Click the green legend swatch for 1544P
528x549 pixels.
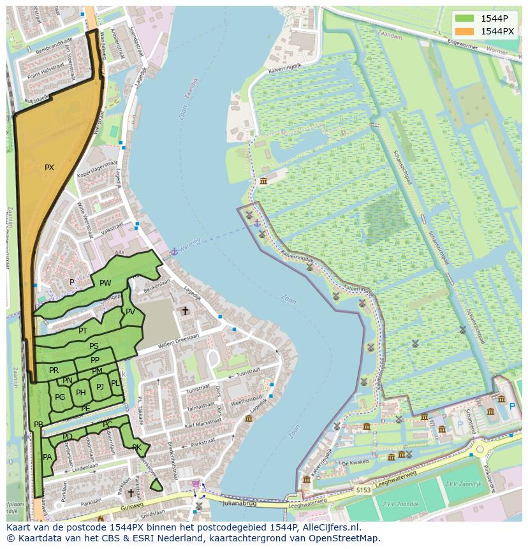click(x=464, y=18)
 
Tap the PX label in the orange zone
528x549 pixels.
click(x=49, y=168)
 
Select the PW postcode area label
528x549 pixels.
click(x=105, y=283)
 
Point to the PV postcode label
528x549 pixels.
click(x=130, y=312)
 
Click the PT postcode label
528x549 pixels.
click(x=83, y=331)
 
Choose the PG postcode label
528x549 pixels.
click(x=60, y=397)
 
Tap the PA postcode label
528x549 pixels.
click(x=47, y=457)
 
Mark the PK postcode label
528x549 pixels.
click(x=136, y=448)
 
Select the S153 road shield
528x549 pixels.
click(x=363, y=489)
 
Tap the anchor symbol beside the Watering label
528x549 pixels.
click(x=173, y=251)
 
